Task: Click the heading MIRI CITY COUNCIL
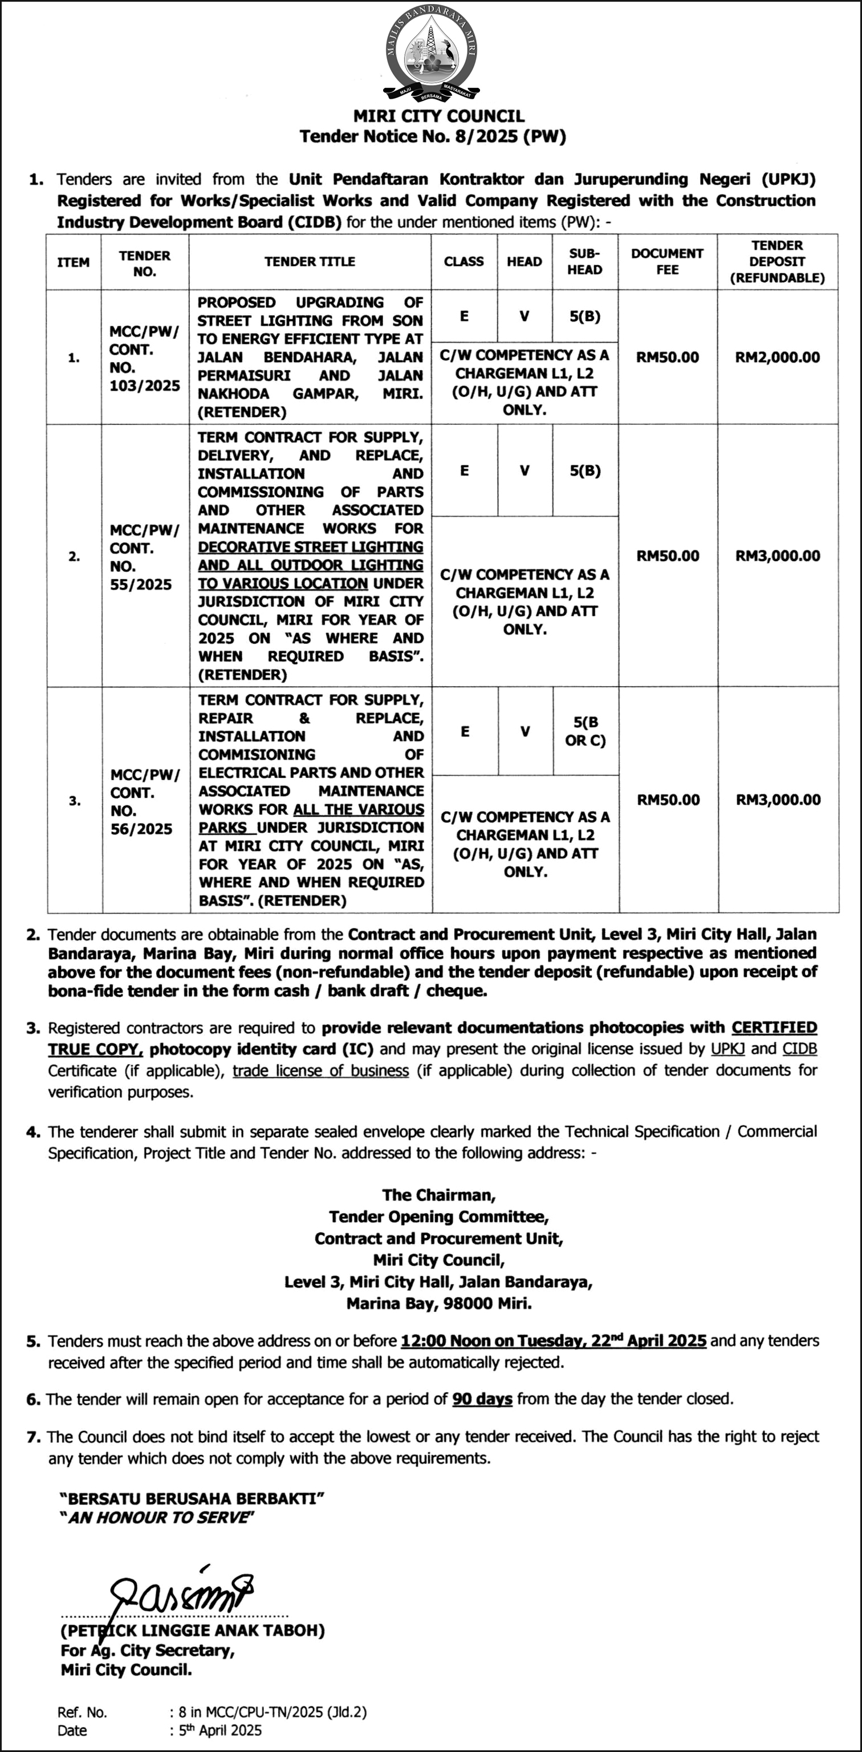coord(438,116)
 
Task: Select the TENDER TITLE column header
coord(310,262)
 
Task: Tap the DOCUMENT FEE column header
coord(667,262)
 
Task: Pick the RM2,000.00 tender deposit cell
coord(777,358)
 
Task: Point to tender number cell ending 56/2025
coord(144,801)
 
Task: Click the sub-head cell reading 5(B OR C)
coord(584,731)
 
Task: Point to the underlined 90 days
coord(482,1399)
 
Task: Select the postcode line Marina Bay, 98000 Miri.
coord(438,1304)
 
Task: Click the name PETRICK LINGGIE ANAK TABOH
coord(192,1631)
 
